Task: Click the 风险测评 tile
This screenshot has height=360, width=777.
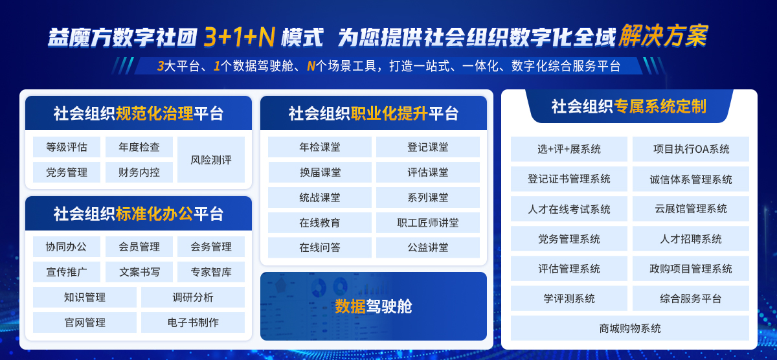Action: [211, 160]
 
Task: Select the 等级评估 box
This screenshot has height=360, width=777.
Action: [67, 147]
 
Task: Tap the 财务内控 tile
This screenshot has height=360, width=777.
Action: [139, 172]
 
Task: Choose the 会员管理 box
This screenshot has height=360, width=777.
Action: [139, 247]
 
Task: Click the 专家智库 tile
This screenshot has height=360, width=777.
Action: [211, 272]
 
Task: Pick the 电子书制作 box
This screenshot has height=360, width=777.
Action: [193, 322]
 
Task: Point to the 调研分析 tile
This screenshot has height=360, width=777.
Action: [193, 297]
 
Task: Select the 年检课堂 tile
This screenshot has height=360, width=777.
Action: [320, 147]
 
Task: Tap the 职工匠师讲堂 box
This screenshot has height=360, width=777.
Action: [428, 223]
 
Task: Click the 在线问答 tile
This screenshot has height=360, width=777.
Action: [320, 247]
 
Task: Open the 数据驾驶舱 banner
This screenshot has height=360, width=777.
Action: [374, 306]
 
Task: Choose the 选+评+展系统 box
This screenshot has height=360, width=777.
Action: [569, 149]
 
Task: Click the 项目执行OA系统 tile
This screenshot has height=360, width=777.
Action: [691, 149]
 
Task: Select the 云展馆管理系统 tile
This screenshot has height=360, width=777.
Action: [691, 208]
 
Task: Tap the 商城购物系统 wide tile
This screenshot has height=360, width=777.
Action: [630, 328]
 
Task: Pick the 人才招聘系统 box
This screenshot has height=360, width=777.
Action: [691, 239]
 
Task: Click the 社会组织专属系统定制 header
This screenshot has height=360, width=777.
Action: [629, 107]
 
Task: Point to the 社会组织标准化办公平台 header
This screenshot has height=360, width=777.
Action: [139, 214]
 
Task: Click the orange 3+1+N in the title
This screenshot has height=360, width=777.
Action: [240, 37]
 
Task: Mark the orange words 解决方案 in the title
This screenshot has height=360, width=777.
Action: [662, 36]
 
